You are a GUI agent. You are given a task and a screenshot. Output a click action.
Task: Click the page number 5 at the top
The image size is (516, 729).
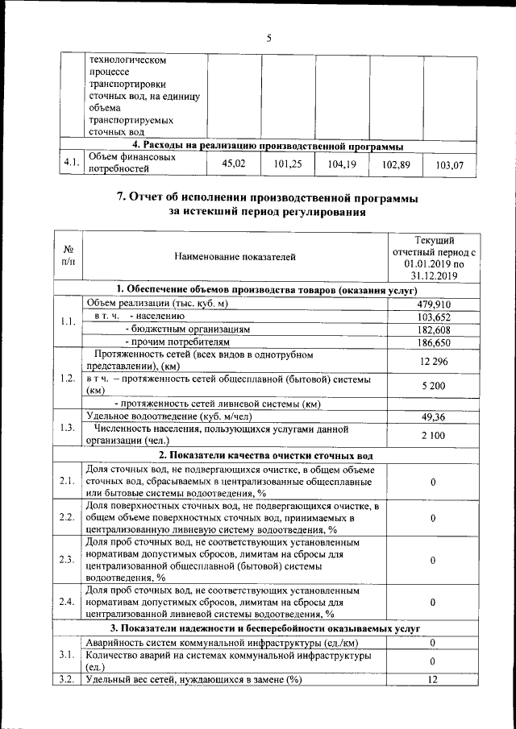(268, 37)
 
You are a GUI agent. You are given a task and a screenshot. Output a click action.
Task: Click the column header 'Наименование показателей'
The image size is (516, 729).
(235, 257)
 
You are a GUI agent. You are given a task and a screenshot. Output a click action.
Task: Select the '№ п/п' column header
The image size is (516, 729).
(69, 257)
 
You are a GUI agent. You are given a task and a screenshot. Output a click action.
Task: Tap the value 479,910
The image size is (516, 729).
(434, 304)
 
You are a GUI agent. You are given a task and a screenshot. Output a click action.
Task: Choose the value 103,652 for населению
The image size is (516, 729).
(434, 317)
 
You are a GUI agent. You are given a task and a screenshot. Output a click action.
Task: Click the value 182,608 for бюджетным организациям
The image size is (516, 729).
(434, 329)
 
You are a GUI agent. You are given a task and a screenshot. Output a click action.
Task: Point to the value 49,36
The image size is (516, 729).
(434, 416)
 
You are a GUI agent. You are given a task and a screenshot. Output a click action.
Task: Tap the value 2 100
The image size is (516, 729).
(434, 435)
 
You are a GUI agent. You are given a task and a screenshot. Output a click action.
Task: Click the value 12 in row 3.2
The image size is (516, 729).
(434, 680)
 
